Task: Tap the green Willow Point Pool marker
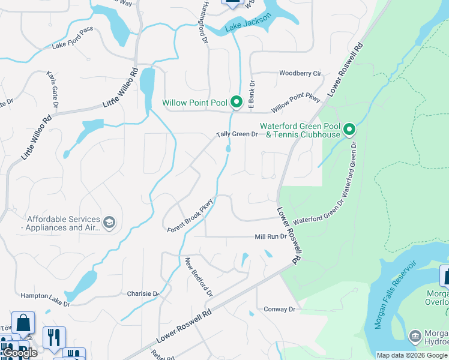(236, 103)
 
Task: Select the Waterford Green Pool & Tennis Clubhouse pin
(348, 129)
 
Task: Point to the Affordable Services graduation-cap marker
(109, 223)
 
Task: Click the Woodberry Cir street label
(300, 74)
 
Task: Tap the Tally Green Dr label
(237, 134)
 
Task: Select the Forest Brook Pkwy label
(190, 215)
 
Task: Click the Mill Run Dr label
(271, 237)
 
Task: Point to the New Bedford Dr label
(199, 277)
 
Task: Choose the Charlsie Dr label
(142, 294)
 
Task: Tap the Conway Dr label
(280, 310)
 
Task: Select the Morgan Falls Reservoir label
(396, 295)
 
